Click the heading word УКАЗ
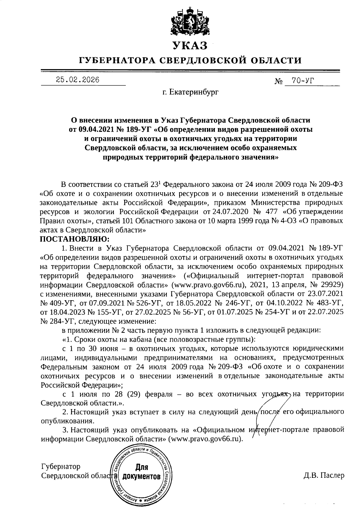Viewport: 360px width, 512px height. tap(190, 45)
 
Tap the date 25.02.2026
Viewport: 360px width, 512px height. tap(77, 80)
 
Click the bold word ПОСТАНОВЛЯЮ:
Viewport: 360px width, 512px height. tap(75, 239)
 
